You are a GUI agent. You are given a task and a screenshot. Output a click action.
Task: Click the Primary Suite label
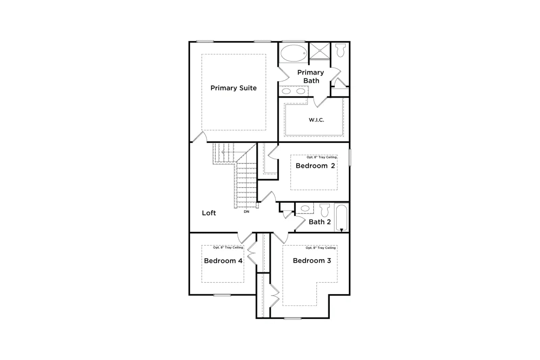233,88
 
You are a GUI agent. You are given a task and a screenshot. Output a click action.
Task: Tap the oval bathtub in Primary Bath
294,53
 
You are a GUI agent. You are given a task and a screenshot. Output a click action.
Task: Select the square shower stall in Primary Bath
320,51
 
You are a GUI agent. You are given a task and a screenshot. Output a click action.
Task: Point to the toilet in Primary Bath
341,50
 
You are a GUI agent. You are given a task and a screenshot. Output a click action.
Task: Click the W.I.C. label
316,120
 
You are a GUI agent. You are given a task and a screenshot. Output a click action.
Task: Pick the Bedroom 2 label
315,166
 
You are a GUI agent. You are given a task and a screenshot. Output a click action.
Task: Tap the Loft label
209,213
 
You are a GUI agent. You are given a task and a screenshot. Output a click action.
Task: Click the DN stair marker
246,212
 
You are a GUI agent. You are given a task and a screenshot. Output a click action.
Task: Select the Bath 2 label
320,222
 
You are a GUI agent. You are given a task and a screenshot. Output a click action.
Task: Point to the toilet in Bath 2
324,210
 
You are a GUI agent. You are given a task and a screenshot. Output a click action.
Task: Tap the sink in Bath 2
305,209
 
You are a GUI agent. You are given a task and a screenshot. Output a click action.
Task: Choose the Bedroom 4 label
223,261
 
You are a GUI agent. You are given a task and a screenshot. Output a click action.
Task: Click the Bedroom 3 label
312,260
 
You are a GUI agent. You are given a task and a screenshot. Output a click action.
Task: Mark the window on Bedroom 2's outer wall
350,157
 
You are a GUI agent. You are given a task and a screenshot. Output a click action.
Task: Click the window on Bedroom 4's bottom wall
222,295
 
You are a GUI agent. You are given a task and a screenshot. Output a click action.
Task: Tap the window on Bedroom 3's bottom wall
292,318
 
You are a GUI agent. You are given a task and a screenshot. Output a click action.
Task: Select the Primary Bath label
311,76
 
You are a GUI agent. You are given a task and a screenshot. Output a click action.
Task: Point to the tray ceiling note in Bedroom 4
228,247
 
